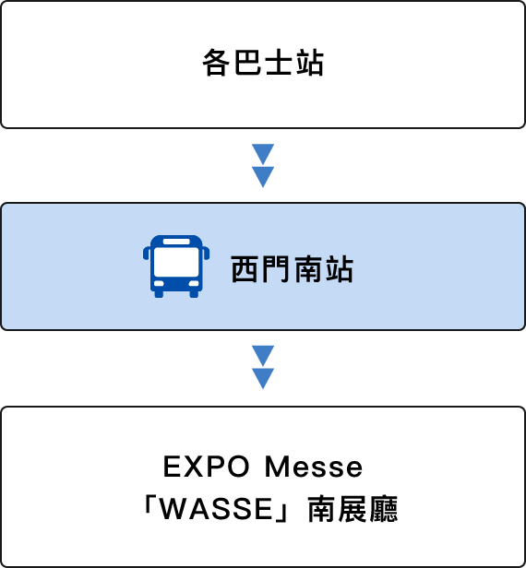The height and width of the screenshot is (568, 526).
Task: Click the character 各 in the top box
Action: (216, 63)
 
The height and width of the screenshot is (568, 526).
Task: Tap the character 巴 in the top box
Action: (247, 63)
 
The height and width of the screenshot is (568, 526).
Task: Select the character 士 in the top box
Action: (279, 63)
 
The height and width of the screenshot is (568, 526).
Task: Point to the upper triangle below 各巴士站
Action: (263, 154)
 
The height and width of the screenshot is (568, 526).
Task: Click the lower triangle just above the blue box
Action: (263, 176)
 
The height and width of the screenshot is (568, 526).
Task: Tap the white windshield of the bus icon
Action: (176, 262)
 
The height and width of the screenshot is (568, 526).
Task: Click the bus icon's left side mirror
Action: (146, 253)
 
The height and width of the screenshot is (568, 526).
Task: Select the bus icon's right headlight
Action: (194, 283)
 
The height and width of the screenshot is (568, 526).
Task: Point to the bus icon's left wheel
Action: (159, 294)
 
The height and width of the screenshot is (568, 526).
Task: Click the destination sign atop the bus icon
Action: (176, 242)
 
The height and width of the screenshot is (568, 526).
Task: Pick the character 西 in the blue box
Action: (245, 269)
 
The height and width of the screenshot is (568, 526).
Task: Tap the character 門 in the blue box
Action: (276, 269)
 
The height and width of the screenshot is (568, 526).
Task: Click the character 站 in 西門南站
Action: (339, 269)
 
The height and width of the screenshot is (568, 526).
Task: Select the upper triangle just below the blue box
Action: (263, 356)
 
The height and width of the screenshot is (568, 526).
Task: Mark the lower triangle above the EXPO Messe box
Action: (263, 378)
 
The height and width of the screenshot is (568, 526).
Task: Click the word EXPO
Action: (207, 467)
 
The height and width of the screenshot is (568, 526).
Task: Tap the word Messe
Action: (314, 467)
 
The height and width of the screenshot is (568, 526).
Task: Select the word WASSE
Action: (216, 509)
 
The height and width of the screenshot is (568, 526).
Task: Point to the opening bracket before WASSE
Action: (148, 504)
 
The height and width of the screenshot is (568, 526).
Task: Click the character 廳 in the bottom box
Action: (384, 509)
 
